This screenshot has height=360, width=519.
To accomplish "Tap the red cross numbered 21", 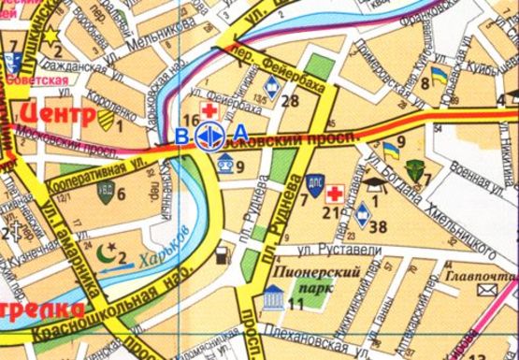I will click(334, 194).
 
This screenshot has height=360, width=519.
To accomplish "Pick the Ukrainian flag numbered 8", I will click(438, 73).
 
